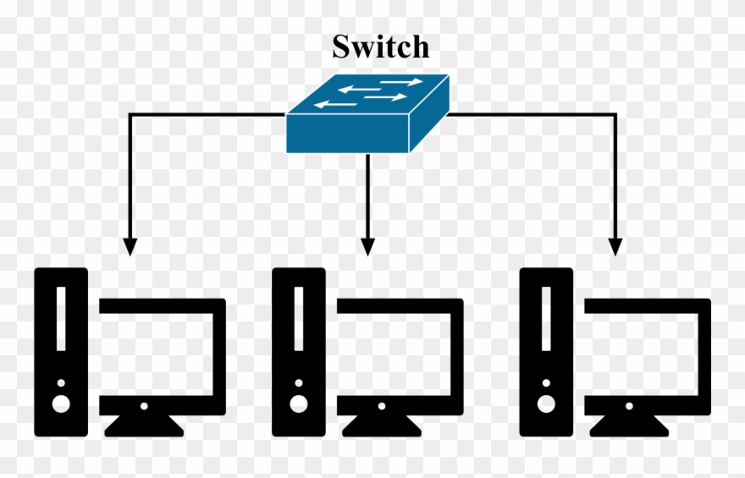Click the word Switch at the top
click(380, 47)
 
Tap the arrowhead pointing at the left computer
click(130, 246)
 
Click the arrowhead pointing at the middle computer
click(367, 246)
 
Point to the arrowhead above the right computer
click(615, 246)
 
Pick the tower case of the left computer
click(61, 352)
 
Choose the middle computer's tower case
click(298, 352)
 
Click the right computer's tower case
click(546, 352)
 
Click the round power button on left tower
click(61, 404)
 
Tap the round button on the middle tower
click(298, 404)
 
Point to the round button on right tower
click(546, 404)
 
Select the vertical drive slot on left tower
click(61, 318)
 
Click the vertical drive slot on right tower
click(546, 318)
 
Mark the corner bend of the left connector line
click(130, 114)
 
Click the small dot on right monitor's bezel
click(629, 406)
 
